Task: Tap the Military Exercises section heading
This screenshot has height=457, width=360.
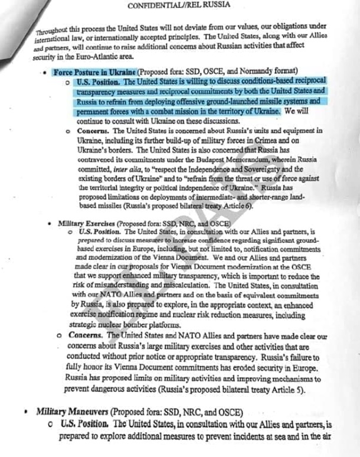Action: pos(86,225)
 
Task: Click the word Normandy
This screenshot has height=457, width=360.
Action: pos(256,71)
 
